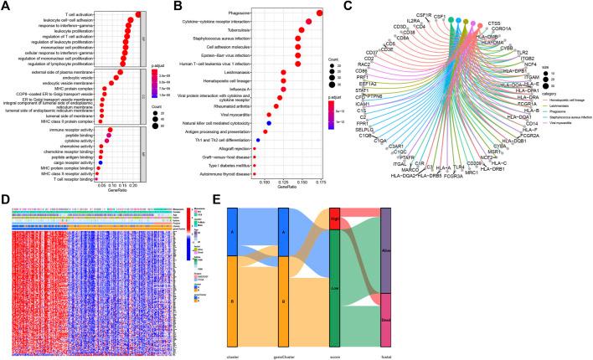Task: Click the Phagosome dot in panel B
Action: coord(320,13)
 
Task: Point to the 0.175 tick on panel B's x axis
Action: coord(321,182)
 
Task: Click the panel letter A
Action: coord(5,6)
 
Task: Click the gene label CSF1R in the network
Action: coord(446,14)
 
